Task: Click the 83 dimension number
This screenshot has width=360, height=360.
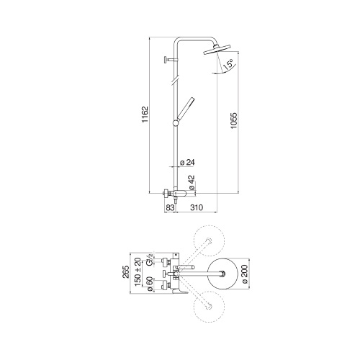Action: pos(170,208)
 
